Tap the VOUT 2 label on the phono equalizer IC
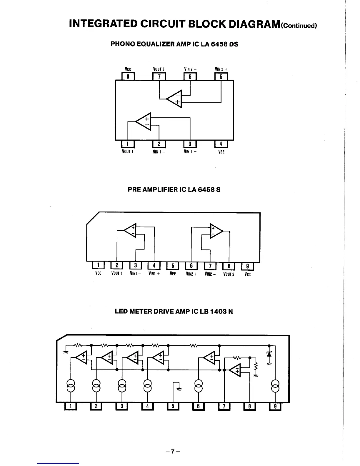pos(159,69)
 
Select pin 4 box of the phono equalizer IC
pos(221,144)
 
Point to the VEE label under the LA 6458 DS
pos(221,152)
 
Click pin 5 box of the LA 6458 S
pos(173,266)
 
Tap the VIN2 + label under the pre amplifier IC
pos(191,274)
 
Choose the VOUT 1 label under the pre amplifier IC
pos(117,274)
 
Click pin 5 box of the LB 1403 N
pos(173,406)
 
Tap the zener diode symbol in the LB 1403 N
pos(269,353)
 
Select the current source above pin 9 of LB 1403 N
pos(275,386)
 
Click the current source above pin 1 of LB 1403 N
pos(71,386)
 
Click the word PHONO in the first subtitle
pos(123,44)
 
